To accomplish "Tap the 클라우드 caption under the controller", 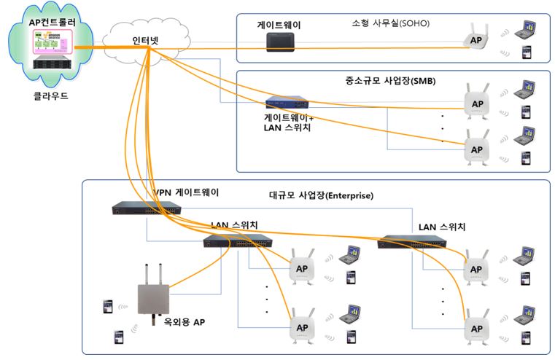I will [x=48, y=95].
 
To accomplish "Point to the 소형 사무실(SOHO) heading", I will [x=390, y=23].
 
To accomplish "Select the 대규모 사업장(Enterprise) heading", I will [x=322, y=195].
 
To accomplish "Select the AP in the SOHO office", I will [x=476, y=40].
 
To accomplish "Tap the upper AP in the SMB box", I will [x=476, y=104].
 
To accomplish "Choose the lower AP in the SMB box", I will [x=476, y=147].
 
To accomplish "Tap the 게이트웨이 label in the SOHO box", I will [x=279, y=25].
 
